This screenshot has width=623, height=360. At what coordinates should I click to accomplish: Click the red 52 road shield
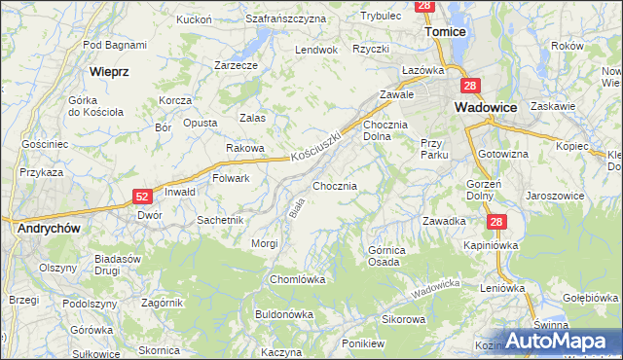[142, 198]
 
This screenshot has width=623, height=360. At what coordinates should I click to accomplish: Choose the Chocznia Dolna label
[390, 131]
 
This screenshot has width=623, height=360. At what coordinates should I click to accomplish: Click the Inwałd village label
[180, 192]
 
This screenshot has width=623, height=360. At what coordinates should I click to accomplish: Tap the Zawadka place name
[443, 221]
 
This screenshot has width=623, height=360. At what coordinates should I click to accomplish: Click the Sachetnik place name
[220, 220]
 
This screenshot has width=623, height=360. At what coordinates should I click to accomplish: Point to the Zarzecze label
[236, 65]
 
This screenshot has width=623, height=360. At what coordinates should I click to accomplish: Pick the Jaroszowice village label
[555, 196]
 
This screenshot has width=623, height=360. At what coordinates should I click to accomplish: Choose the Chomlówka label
[297, 279]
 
